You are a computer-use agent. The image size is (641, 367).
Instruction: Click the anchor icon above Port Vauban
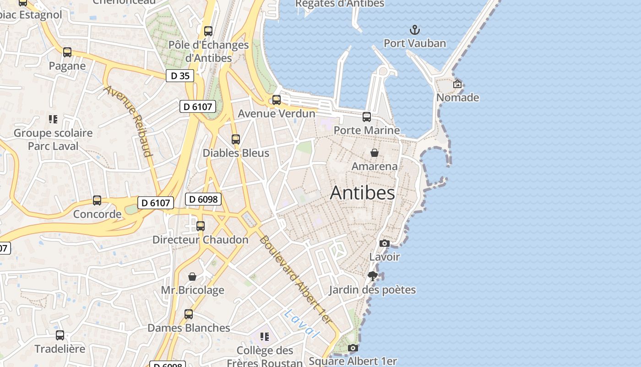coord(414,30)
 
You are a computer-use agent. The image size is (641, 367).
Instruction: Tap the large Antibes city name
coord(362,193)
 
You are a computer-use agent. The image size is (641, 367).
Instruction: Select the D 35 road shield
coord(180,76)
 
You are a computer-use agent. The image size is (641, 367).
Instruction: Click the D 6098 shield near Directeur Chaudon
coord(203,199)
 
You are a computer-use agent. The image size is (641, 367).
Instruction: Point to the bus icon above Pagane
coord(67,52)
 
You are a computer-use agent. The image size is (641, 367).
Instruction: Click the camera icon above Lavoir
coord(385,243)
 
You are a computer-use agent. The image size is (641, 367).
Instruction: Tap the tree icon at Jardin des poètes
coord(373,276)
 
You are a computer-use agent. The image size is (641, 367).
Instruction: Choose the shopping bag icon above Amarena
coord(375,153)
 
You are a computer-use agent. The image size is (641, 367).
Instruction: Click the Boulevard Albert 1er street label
coord(295,279)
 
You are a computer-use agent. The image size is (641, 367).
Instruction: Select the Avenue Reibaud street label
coord(129,121)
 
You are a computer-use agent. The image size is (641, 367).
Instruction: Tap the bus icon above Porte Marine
coord(367,117)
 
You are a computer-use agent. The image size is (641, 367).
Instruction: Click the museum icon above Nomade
coord(457,84)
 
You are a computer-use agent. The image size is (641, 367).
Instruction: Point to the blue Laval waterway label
coord(301,323)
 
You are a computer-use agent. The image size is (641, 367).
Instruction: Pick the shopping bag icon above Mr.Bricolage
coord(192,277)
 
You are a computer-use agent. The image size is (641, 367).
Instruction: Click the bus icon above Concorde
coord(97,200)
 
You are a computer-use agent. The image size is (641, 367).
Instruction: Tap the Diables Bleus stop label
coord(236,153)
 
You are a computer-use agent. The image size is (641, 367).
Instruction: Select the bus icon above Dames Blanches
coord(189,314)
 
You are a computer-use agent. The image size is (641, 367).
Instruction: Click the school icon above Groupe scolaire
coord(53,119)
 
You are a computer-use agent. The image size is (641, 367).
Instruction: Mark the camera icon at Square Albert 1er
coord(353,348)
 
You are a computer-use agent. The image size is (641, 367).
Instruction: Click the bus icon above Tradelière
coord(60,335)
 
